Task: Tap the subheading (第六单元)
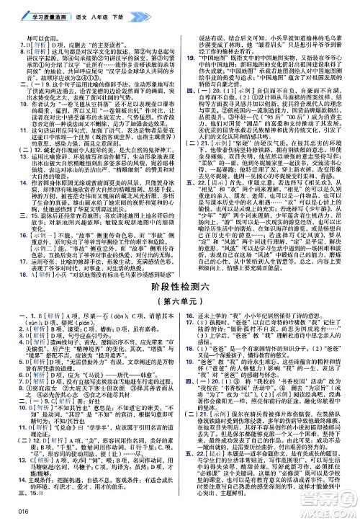point(179,280)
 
